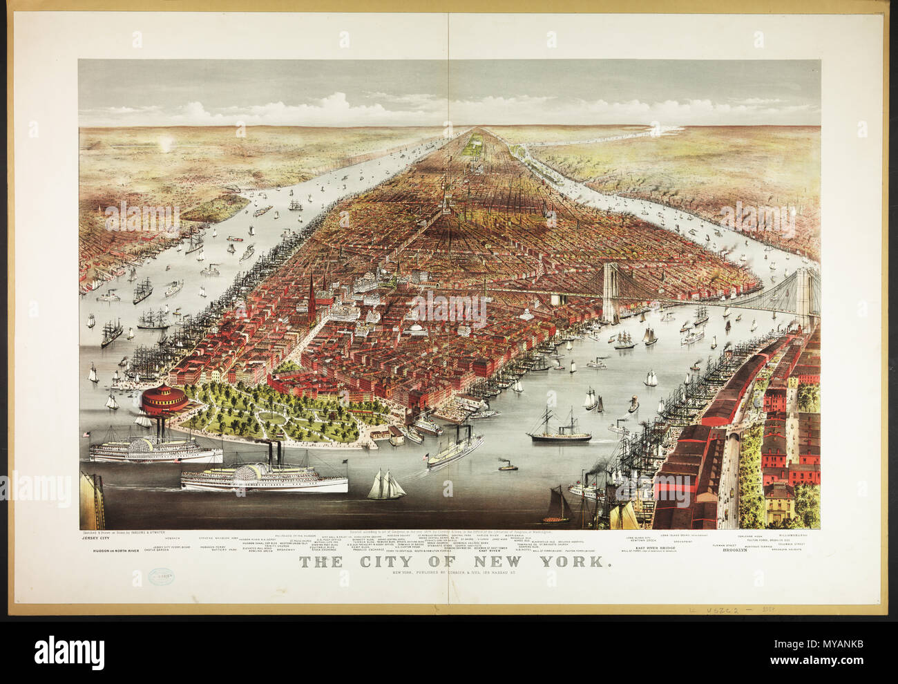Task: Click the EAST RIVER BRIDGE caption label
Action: (656, 546)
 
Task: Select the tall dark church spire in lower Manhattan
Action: (312, 297)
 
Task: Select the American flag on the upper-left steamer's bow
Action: (86, 435)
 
